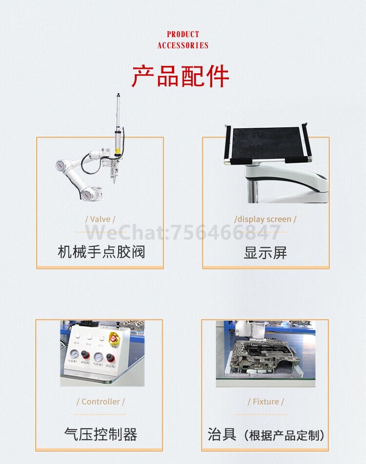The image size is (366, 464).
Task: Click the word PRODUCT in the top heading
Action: click(x=183, y=34)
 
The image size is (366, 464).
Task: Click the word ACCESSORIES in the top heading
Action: click(x=183, y=45)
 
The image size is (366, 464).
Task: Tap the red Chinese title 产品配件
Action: click(x=181, y=76)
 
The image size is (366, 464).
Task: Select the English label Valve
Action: click(x=100, y=219)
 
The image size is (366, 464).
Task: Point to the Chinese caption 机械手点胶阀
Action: click(x=101, y=252)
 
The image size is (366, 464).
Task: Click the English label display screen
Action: click(x=265, y=219)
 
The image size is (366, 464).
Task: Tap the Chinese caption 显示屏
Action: click(x=265, y=253)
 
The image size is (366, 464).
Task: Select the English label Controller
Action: click(x=101, y=401)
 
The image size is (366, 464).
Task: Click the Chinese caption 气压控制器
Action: click(x=101, y=434)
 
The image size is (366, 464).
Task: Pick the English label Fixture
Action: click(x=265, y=401)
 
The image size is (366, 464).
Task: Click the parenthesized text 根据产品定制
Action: click(x=285, y=435)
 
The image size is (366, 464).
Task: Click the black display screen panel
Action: click(x=265, y=143)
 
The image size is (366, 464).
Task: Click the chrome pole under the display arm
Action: click(x=251, y=191)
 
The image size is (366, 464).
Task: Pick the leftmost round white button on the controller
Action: click(x=76, y=337)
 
